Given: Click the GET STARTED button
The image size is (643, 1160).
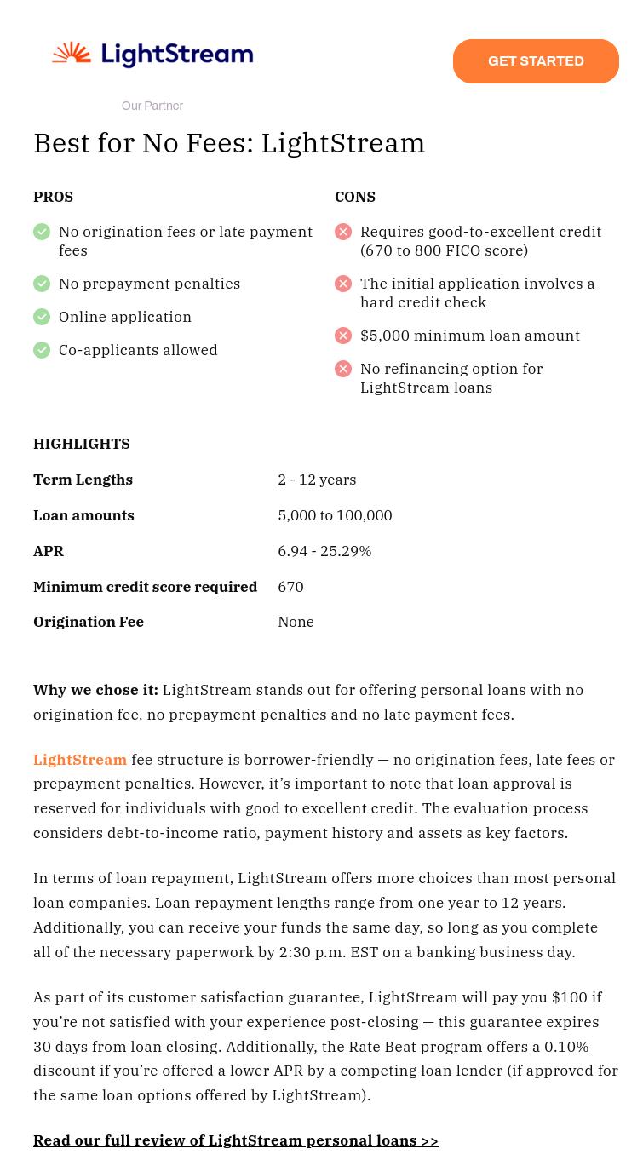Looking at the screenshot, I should click(x=536, y=61).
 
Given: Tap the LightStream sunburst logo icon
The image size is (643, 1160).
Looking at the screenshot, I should click(x=72, y=55).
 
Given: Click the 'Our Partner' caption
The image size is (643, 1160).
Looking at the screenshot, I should click(x=152, y=106).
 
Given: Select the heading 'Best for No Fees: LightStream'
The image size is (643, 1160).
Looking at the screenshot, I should click(x=229, y=143).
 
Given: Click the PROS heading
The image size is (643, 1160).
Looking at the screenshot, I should click(x=53, y=197).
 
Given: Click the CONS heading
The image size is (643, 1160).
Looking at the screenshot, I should click(x=355, y=197).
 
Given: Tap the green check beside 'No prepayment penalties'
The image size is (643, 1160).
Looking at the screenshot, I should click(x=42, y=284).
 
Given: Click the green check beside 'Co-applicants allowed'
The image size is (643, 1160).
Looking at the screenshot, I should click(x=42, y=350).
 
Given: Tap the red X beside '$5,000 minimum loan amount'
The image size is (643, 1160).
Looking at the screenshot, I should click(x=343, y=336).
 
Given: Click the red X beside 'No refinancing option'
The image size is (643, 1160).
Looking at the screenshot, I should click(x=343, y=369).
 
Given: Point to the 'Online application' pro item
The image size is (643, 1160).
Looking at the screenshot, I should click(x=125, y=317).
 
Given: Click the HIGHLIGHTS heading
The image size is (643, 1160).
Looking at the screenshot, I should click(x=82, y=444).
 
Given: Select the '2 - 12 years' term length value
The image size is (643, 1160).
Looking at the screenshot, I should click(x=317, y=480).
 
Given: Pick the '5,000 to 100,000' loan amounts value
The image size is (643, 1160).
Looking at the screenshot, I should click(x=335, y=515).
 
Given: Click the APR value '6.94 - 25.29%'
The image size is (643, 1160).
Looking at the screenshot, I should click(x=324, y=551).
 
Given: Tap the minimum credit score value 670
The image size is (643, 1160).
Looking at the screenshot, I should click(x=290, y=587).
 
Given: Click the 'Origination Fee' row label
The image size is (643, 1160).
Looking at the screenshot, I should click(x=89, y=622).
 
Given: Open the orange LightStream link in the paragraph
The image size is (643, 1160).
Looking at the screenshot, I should click(x=80, y=760).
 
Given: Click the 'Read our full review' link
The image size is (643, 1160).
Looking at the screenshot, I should click(x=236, y=1140).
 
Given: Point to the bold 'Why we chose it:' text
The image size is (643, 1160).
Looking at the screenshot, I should click(x=95, y=690).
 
